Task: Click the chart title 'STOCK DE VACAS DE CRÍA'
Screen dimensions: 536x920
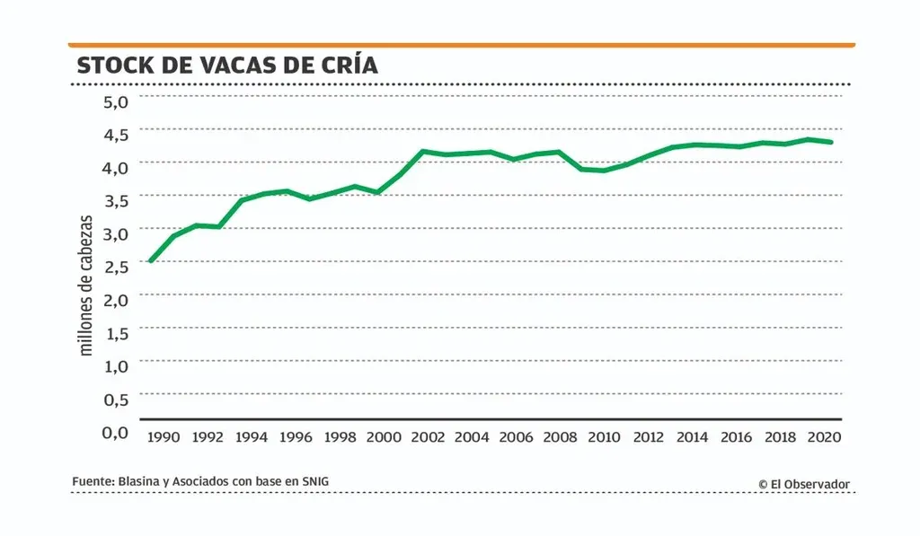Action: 226,66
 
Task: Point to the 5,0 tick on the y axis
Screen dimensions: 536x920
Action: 116,101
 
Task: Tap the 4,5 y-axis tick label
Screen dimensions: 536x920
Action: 116,134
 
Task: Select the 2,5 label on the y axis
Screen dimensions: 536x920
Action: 116,266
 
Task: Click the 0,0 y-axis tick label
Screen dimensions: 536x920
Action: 116,432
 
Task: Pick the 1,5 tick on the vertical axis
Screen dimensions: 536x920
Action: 116,333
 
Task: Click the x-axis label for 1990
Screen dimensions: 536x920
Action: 164,437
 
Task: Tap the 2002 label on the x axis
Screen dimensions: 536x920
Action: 428,437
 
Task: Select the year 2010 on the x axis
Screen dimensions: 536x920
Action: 604,437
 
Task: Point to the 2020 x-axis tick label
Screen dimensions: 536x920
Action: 823,437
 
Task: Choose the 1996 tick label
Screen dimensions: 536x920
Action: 296,437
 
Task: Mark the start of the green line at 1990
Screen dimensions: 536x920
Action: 150,261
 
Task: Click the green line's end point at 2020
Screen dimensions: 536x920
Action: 832,142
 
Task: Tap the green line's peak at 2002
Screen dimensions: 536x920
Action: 422,151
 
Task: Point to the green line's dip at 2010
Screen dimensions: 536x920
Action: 604,171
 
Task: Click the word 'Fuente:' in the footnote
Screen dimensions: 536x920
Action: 93,482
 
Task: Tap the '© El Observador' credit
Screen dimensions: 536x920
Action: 803,484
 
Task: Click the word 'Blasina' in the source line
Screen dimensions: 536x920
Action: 139,482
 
